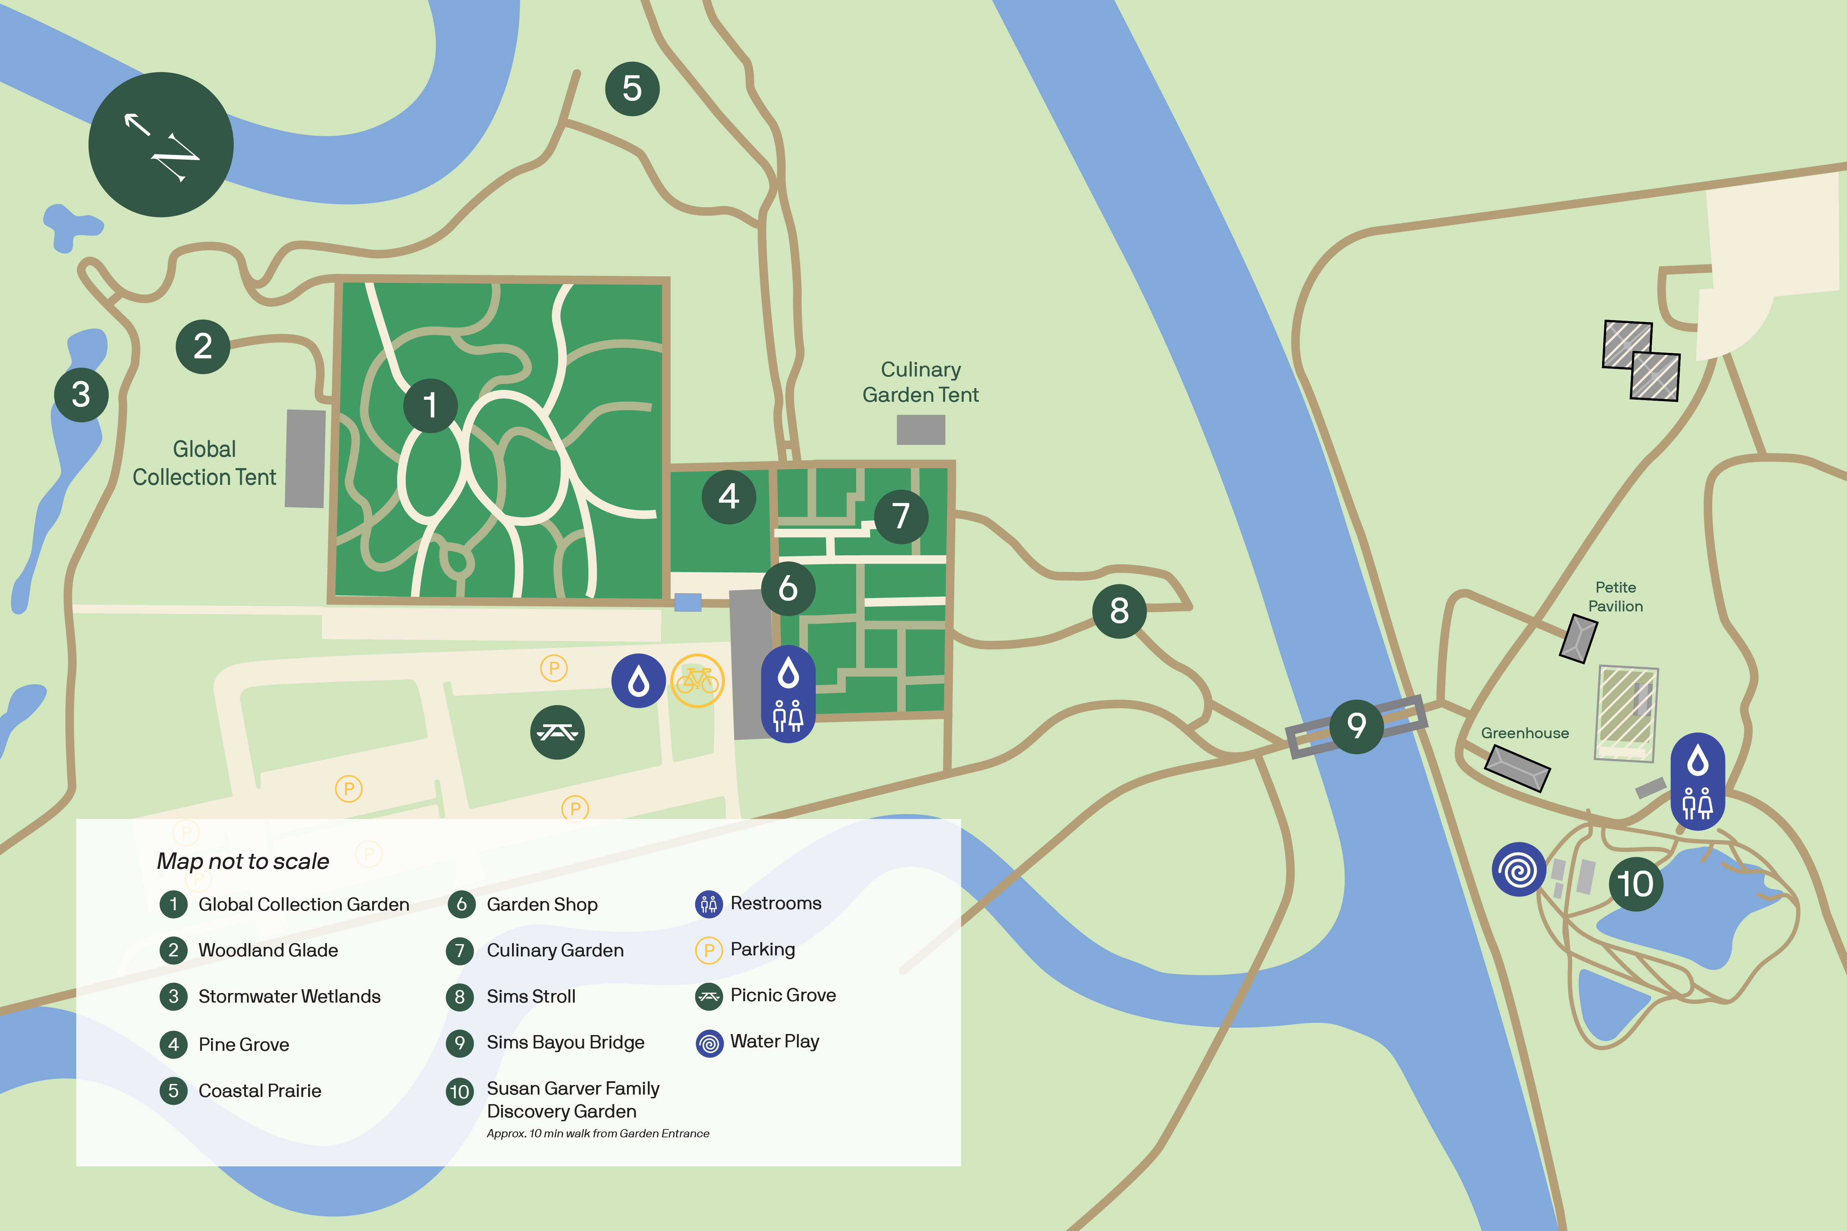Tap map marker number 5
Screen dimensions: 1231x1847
632,89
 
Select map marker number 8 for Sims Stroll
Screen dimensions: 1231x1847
1119,611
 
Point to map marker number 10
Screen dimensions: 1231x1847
1636,884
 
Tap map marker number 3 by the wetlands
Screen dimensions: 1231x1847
81,394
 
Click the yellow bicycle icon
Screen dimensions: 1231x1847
697,681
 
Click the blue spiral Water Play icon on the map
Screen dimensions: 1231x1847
1519,869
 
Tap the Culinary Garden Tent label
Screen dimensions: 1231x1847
920,382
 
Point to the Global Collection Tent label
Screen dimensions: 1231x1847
204,463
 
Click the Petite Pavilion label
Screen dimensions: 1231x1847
1615,597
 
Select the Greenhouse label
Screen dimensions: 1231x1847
1524,733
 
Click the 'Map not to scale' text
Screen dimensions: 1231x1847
243,861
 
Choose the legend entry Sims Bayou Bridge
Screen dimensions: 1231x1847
565,1043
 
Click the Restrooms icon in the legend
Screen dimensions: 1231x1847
708,904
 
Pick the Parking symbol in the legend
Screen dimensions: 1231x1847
708,950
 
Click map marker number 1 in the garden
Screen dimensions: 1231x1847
430,405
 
